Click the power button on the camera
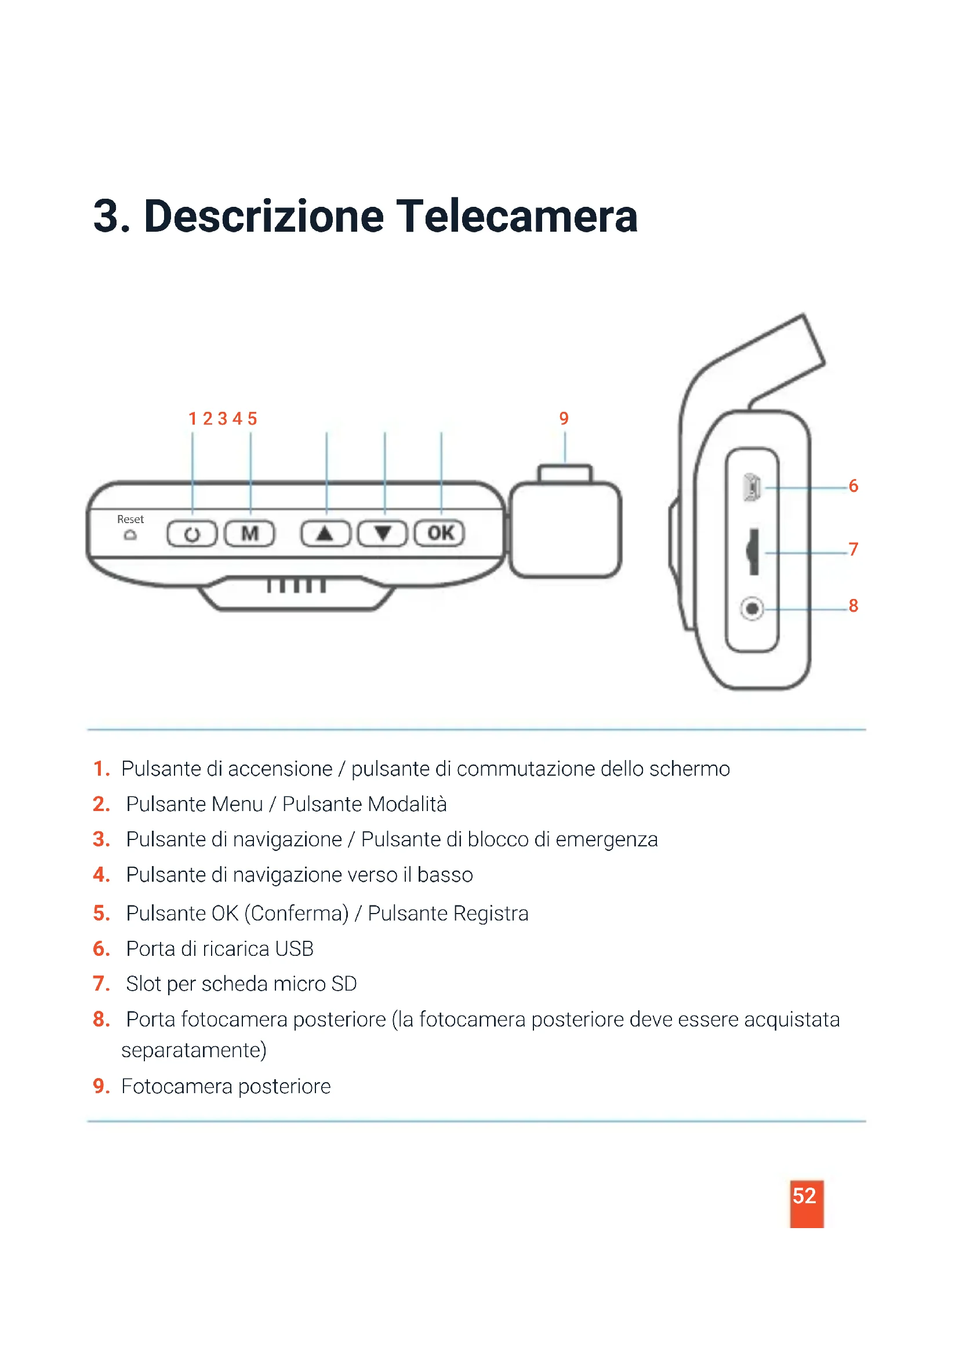coord(192,534)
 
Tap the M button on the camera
coord(250,534)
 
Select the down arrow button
coord(383,534)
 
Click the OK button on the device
coord(440,534)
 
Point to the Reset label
coord(130,519)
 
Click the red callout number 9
coord(564,418)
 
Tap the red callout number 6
coord(853,486)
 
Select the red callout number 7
coord(853,549)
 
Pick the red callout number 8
coord(853,605)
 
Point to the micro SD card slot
coord(753,551)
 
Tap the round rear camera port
coord(752,608)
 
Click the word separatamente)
coord(194,1051)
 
